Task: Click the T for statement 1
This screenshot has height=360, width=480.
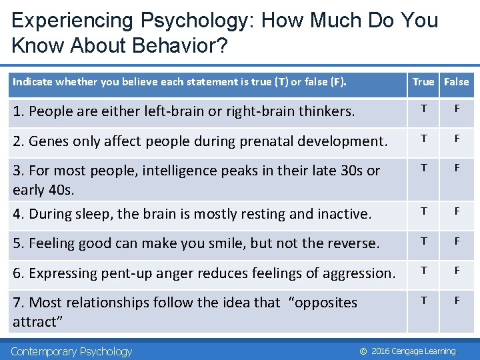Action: point(423,108)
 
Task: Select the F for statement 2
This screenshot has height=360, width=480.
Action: point(457,138)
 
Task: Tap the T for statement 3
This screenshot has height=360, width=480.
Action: point(423,167)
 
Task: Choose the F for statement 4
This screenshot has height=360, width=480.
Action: point(457,211)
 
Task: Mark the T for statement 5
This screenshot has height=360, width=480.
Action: point(423,240)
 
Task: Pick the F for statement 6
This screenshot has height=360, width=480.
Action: point(457,270)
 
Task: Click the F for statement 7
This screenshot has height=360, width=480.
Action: point(457,299)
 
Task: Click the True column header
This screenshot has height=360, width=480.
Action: point(423,82)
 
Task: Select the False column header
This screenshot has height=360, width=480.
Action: point(457,82)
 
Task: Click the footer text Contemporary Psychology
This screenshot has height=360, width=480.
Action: point(72,351)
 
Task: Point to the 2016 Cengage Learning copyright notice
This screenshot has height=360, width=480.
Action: point(407,351)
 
